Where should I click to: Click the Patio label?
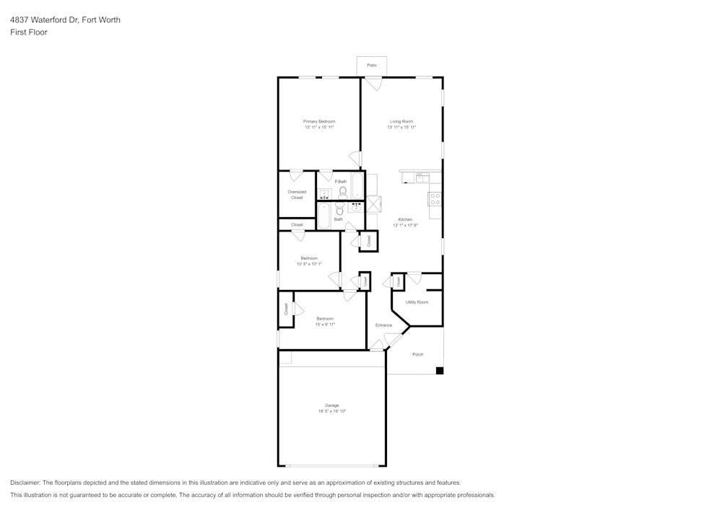click(x=372, y=66)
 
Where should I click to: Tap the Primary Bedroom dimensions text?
click(x=319, y=128)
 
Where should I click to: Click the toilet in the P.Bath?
click(x=342, y=192)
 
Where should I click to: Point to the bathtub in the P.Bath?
click(x=358, y=185)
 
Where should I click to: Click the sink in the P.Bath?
click(x=325, y=193)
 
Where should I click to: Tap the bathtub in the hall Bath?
click(x=323, y=215)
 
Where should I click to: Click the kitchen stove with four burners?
click(x=435, y=199)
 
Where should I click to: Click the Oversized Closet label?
click(x=297, y=195)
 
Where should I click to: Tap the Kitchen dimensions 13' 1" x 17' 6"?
click(x=405, y=226)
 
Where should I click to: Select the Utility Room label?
click(x=417, y=302)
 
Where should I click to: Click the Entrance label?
click(x=383, y=325)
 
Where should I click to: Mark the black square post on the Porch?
click(x=439, y=371)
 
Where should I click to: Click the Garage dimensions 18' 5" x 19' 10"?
click(x=332, y=411)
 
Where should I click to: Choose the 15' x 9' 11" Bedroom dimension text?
click(x=324, y=325)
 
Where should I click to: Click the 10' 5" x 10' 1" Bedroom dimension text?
click(x=309, y=264)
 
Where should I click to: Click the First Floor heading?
click(x=29, y=32)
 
